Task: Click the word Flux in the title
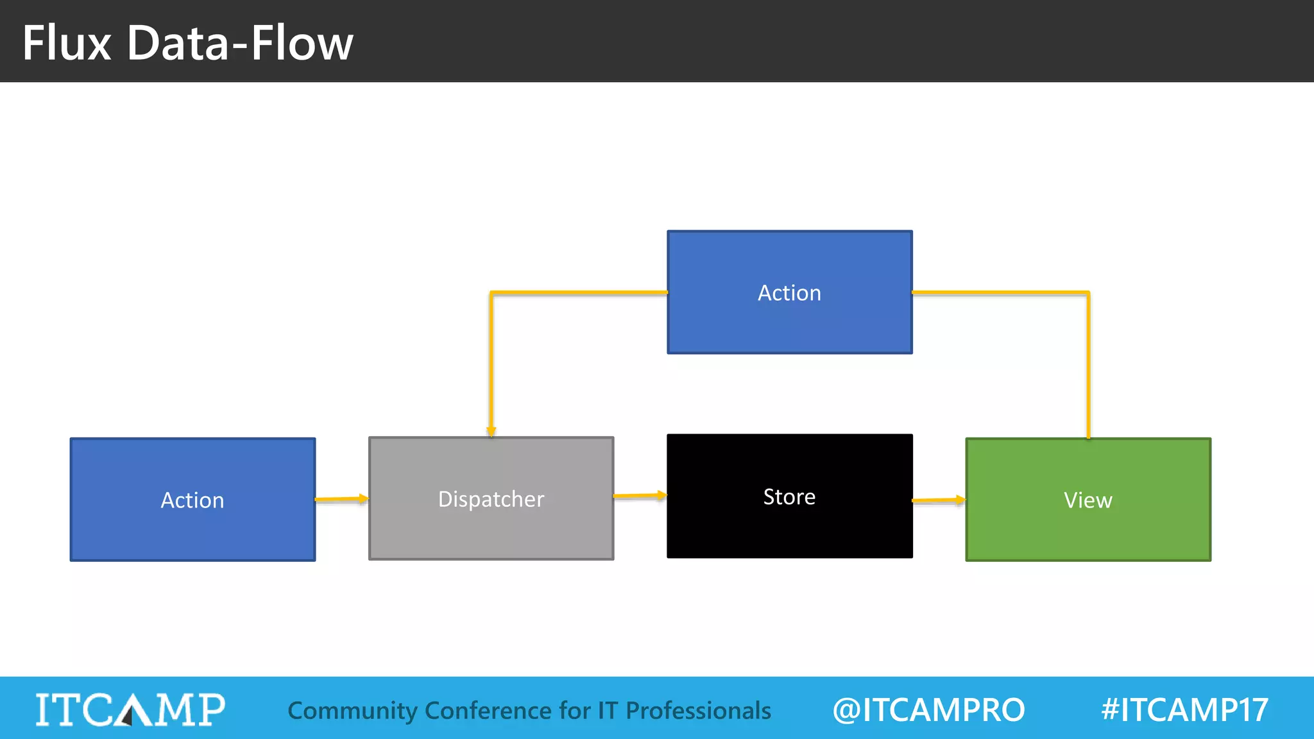tap(67, 43)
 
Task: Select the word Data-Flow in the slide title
tap(240, 43)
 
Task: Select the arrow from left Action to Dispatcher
tap(341, 498)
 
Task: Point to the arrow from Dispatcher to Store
tap(640, 495)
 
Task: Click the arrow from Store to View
tap(938, 500)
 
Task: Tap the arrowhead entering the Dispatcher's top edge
tap(491, 431)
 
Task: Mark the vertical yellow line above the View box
tap(1088, 366)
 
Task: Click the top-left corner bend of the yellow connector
tap(491, 293)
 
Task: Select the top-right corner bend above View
tap(1088, 293)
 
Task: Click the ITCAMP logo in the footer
tap(130, 709)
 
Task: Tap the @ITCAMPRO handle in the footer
tap(928, 709)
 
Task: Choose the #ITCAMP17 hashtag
tap(1184, 709)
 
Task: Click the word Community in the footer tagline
tap(352, 711)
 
